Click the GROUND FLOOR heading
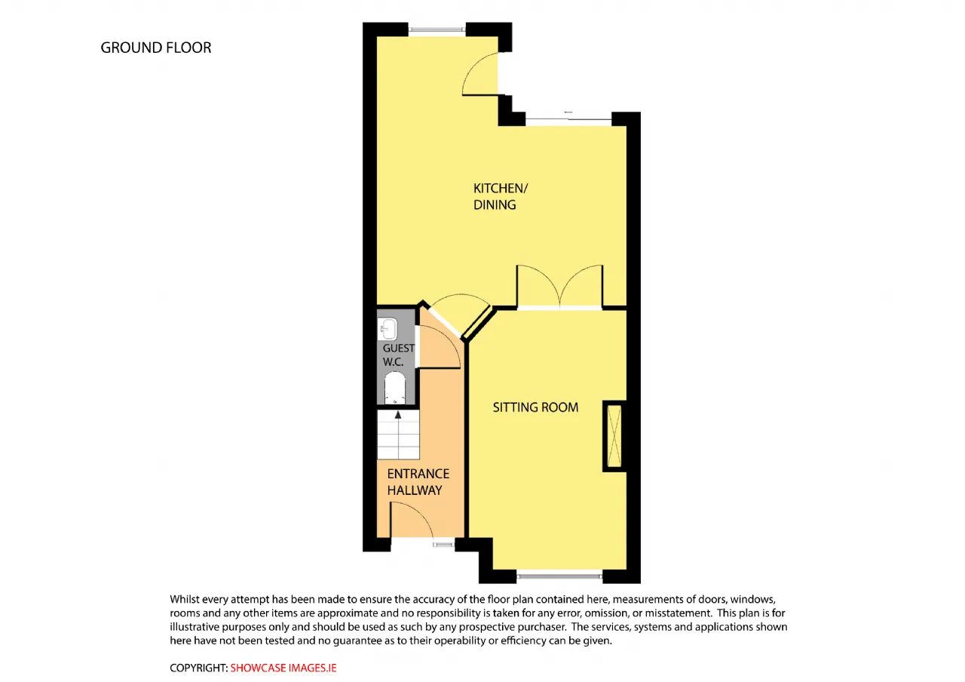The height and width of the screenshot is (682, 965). pos(156,48)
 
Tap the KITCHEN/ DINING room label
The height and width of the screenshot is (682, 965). pos(500,197)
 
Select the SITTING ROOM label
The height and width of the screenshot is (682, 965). pos(535,407)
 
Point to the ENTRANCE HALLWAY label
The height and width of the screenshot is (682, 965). pos(418,482)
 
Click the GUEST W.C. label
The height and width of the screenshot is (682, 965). pos(399,355)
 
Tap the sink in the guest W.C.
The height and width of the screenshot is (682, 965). pos(388,330)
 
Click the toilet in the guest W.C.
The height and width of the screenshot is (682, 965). pos(395,388)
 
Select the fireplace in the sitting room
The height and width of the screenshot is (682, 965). pos(614,436)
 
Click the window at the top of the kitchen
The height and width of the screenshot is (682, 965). pos(437,29)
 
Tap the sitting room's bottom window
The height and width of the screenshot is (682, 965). pos(559,575)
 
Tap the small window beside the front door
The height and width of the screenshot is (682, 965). pos(444,545)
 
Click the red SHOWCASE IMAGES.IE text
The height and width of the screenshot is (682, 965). pos(283,668)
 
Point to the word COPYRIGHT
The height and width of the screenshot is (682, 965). pos(198,668)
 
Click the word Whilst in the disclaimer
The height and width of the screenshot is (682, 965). pos(185,599)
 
